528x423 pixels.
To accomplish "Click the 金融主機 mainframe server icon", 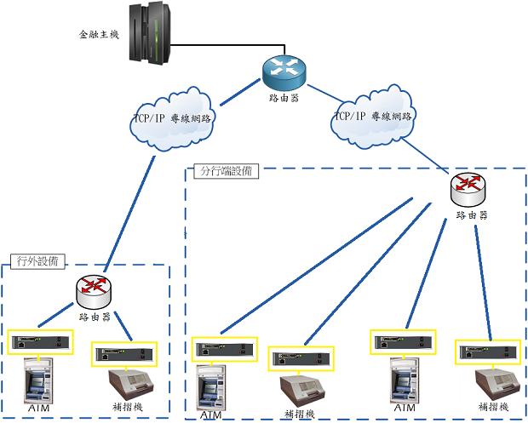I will coord(149,34).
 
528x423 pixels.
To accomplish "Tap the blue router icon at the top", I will coord(283,72).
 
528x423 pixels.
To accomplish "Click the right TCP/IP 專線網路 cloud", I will coord(373,116).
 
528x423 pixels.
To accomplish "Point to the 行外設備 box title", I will coord(37,261).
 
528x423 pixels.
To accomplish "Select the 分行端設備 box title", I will coord(226,171).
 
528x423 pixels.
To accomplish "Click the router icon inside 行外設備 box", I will coord(95,293).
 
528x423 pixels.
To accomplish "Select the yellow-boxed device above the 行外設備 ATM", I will coord(39,342).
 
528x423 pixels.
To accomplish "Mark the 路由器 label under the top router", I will coord(283,98).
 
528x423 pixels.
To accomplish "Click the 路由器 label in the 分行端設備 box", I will coord(471,215).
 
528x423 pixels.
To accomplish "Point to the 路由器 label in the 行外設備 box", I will coord(95,317).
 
